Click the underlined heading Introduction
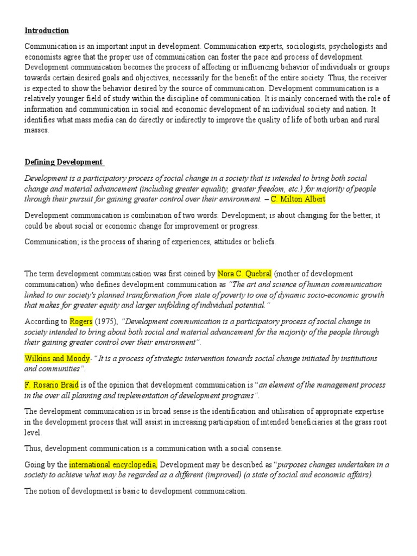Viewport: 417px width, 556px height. point(47,30)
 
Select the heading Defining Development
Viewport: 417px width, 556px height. point(64,162)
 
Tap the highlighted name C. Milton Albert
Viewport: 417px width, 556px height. point(298,199)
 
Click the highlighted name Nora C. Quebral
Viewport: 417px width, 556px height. point(244,274)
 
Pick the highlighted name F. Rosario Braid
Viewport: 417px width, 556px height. point(52,384)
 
